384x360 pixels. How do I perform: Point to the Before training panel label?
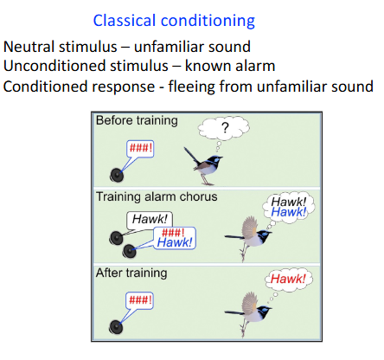(137, 120)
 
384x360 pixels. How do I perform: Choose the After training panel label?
(131, 273)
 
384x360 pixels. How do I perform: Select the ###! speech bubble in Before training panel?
(141, 147)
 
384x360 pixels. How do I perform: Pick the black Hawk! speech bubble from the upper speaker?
(150, 220)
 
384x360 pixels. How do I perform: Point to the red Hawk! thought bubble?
(288, 280)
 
